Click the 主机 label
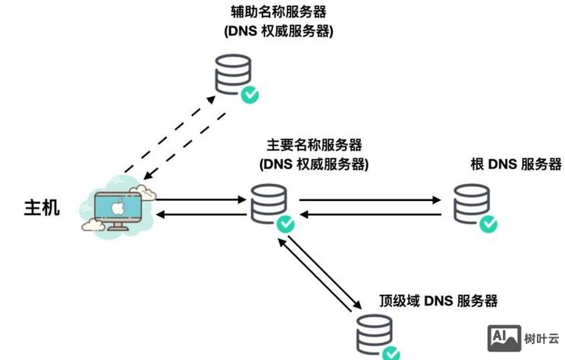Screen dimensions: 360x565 click(x=42, y=208)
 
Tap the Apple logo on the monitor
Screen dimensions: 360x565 click(x=118, y=207)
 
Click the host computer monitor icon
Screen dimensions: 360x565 click(x=118, y=210)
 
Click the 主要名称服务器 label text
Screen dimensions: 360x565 click(x=313, y=144)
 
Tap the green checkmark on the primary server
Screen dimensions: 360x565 click(x=285, y=224)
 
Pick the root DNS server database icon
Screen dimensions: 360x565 click(x=472, y=204)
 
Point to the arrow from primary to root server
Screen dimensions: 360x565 click(x=370, y=201)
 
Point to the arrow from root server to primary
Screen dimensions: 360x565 click(x=370, y=214)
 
